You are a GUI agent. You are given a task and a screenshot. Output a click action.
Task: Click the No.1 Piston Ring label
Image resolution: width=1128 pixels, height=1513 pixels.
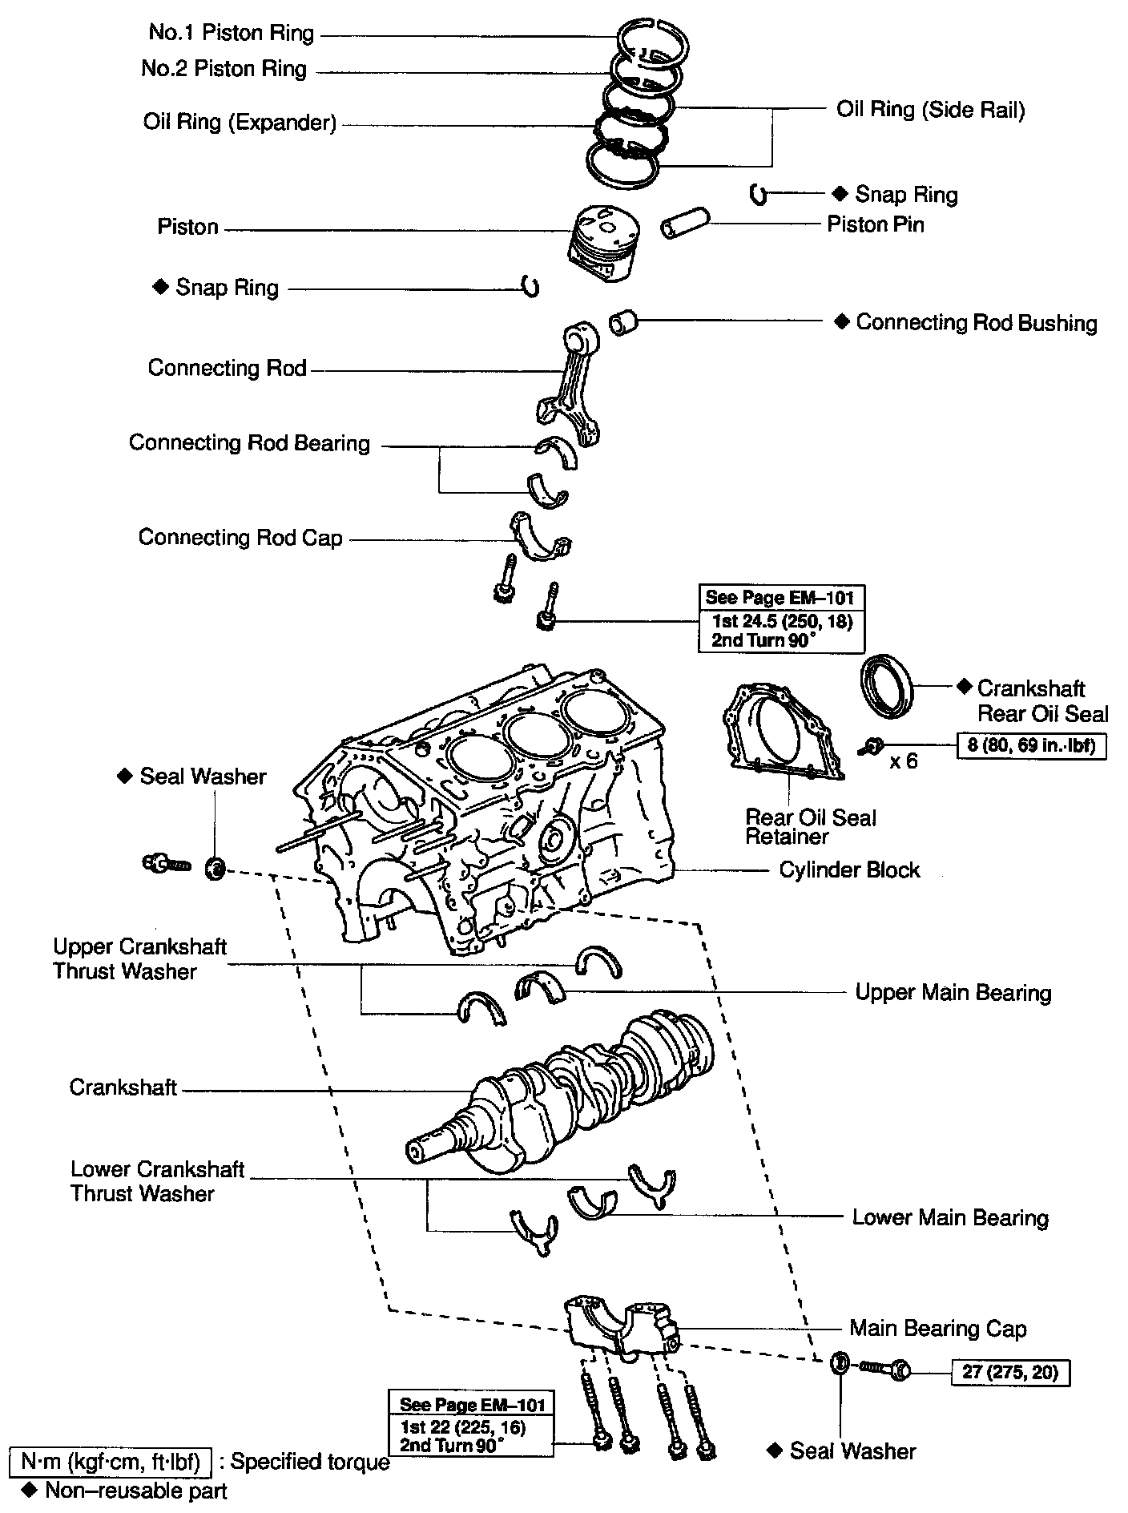pos(232,33)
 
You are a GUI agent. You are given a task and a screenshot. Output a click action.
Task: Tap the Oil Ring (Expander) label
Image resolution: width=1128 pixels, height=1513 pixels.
pos(240,122)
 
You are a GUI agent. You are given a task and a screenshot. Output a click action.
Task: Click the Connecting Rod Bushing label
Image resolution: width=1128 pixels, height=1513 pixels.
pos(976,322)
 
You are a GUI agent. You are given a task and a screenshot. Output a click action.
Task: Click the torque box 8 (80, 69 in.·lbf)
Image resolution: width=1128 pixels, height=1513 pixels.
pos(1032,746)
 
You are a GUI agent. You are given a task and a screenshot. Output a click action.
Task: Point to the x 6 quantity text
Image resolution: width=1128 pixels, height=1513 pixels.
pos(904,761)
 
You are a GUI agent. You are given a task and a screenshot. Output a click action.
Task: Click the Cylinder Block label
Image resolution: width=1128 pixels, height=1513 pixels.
pos(849,869)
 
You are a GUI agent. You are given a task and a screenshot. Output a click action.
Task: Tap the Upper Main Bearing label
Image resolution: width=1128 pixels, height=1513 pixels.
pos(953,992)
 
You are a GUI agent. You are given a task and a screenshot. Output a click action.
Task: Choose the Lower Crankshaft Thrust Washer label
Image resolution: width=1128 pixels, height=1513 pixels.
pos(157,1181)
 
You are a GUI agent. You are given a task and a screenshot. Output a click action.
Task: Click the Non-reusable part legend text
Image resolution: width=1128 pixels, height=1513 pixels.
pos(135,1491)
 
